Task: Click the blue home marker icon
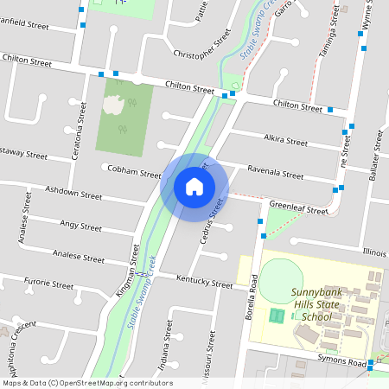coord(194,186)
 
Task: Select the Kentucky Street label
coord(204,283)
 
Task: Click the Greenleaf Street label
coord(298,208)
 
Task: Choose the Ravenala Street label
coord(275,172)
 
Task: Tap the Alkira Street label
coord(285,140)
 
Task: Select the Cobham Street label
coord(134,171)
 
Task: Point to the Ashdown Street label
coord(73,192)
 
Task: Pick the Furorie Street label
coord(48,283)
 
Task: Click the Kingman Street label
coord(128,271)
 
